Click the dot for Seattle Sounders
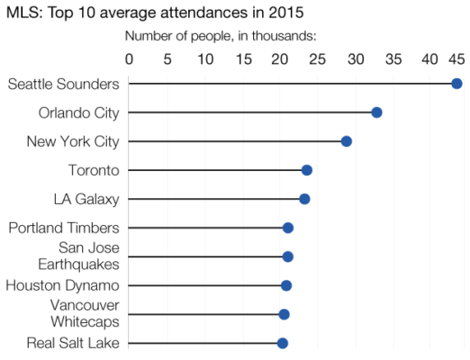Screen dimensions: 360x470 tap(456, 84)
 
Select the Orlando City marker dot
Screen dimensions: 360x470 tap(376, 112)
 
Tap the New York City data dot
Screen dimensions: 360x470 tap(346, 141)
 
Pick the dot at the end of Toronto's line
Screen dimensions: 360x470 tap(306, 170)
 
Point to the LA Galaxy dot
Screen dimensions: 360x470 tap(304, 199)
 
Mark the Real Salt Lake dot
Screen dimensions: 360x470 tap(282, 343)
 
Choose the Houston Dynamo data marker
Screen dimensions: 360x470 tap(286, 285)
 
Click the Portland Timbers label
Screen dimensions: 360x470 tap(63, 228)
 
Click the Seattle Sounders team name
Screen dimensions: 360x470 tap(63, 84)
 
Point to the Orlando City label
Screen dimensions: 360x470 tap(79, 112)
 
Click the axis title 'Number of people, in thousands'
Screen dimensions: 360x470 tap(220, 37)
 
